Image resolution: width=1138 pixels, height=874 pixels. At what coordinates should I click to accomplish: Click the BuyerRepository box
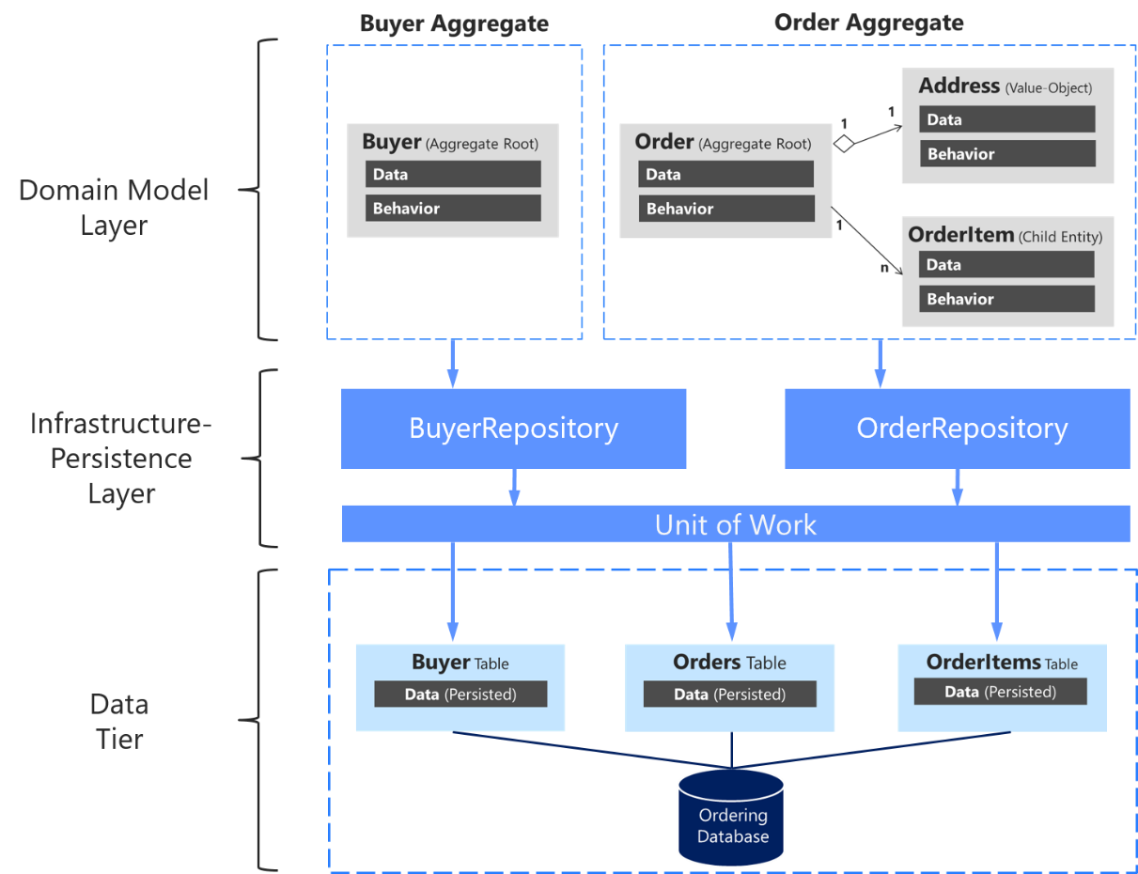pos(513,429)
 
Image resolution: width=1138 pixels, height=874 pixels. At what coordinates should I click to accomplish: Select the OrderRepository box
pos(957,429)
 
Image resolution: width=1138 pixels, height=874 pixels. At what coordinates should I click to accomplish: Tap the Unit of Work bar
pos(735,523)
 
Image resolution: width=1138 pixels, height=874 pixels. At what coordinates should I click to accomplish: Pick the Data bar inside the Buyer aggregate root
pos(453,174)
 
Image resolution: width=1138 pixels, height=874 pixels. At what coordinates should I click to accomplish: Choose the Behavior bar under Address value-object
pos(1006,154)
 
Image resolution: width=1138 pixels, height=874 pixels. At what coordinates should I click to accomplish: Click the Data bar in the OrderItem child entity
pos(1006,265)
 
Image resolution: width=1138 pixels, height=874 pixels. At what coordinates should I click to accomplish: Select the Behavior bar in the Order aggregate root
pos(725,209)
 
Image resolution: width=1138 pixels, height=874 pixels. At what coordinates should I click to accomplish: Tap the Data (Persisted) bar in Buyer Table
pos(460,695)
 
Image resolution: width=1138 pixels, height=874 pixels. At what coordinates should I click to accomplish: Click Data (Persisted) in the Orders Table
pos(729,695)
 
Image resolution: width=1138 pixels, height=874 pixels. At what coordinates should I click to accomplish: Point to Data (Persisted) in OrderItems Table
pos(1000,692)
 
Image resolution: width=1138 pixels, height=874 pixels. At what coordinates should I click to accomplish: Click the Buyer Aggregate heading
pos(454,23)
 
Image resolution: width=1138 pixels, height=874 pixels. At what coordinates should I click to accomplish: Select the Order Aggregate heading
pos(868,23)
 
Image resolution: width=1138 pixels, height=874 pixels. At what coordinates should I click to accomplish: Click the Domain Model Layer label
pos(114,208)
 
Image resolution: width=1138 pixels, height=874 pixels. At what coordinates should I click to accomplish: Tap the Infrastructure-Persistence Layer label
pos(121,459)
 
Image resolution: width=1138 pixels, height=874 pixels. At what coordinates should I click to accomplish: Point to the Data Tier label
pos(119,722)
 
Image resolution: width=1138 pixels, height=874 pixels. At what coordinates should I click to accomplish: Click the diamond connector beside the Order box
pos(844,144)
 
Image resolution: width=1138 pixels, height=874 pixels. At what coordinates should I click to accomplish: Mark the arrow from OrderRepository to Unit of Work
pos(958,487)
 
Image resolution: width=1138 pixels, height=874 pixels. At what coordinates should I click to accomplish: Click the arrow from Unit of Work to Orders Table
pos(730,592)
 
